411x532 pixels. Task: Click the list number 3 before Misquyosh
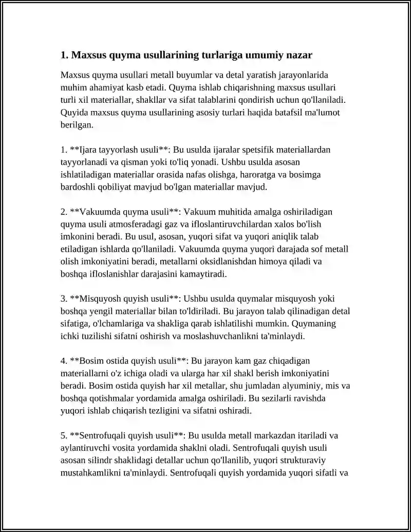[x=63, y=299]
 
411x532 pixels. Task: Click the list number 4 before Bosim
[x=63, y=361]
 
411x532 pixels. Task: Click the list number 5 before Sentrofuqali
[x=63, y=435]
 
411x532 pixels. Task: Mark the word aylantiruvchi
[x=86, y=448]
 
